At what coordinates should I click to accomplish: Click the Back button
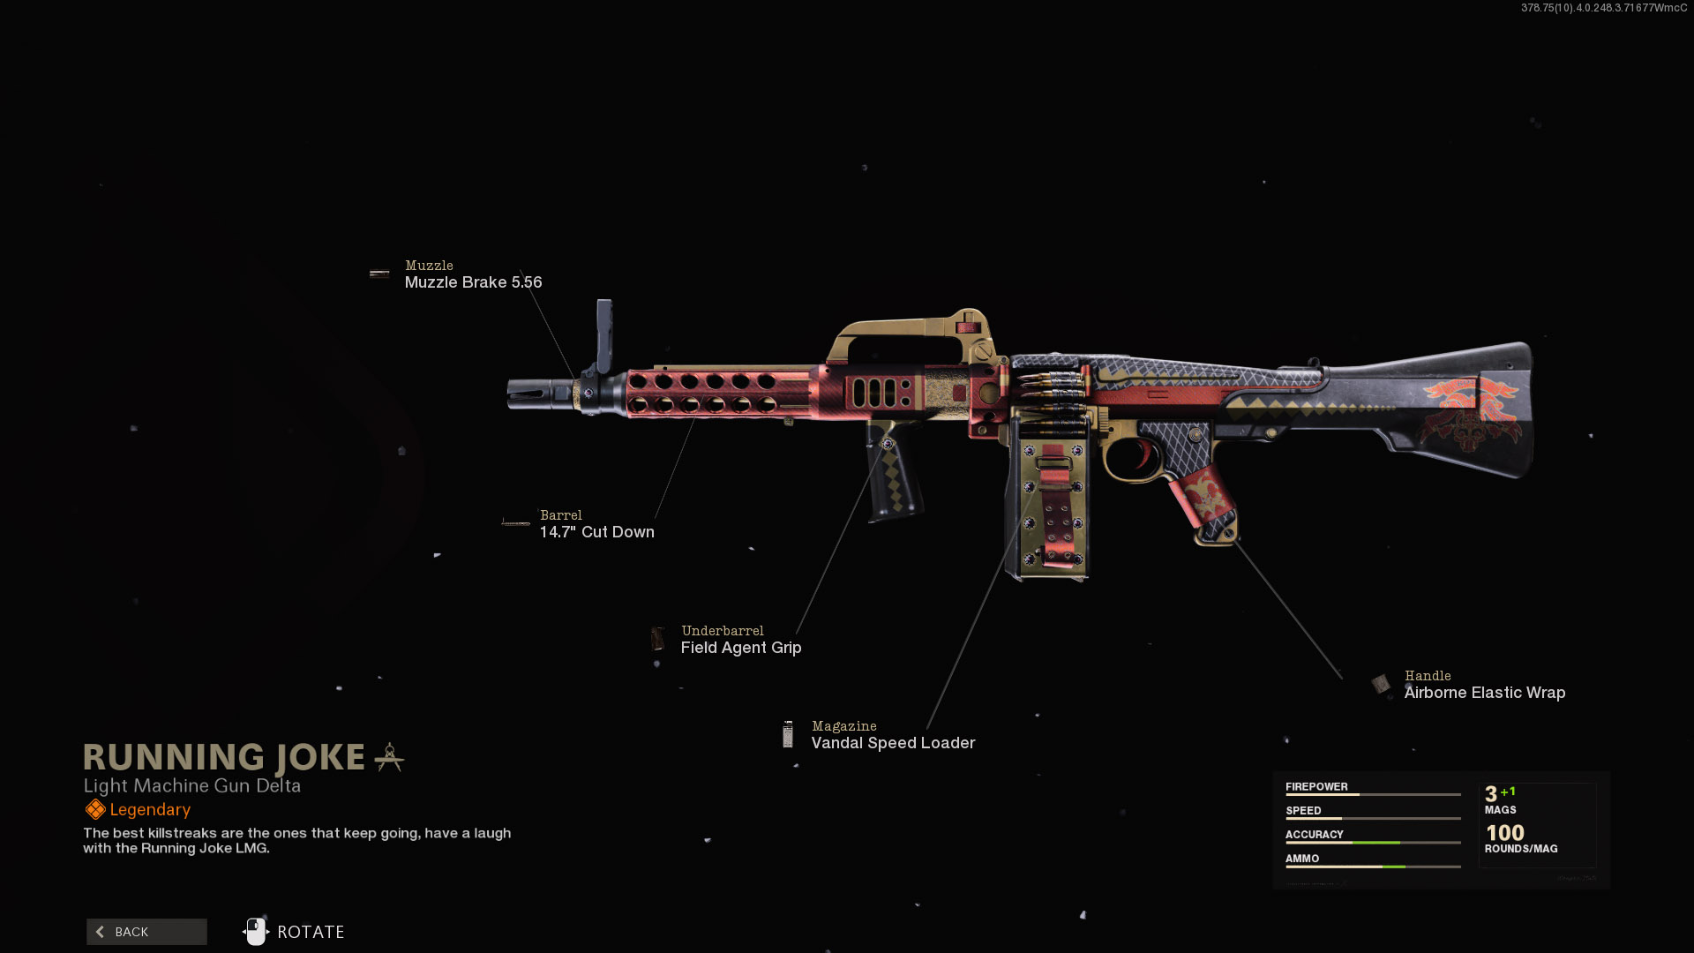click(x=146, y=932)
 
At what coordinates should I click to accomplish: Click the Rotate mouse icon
click(x=256, y=932)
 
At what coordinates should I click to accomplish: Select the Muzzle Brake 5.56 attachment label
click(x=473, y=282)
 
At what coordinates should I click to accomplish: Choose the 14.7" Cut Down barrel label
click(x=596, y=532)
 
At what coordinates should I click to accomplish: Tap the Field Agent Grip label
click(x=740, y=648)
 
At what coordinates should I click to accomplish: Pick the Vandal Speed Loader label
click(x=893, y=743)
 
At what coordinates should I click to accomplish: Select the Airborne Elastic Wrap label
click(x=1484, y=693)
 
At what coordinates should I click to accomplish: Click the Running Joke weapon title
click(x=224, y=757)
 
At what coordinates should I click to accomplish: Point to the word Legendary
click(x=150, y=810)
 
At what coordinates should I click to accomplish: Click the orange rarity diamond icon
click(x=95, y=810)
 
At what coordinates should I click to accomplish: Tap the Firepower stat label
click(x=1316, y=787)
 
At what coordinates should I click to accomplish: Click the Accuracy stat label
click(x=1314, y=835)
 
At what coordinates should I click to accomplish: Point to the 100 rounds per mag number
click(x=1504, y=833)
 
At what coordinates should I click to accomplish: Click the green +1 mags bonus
click(x=1508, y=792)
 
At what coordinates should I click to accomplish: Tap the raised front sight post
click(x=604, y=335)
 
